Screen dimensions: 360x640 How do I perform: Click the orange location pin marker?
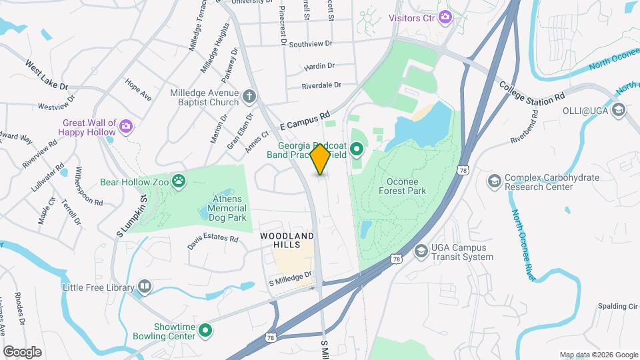click(320, 159)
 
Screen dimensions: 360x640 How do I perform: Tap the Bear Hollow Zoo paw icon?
click(179, 181)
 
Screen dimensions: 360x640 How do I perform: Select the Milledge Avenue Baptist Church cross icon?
click(249, 96)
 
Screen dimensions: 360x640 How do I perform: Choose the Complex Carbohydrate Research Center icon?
click(494, 181)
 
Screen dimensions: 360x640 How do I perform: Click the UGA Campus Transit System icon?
click(421, 251)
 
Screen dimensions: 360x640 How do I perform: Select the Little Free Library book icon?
click(144, 287)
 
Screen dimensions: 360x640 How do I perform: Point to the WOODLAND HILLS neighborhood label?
click(287, 241)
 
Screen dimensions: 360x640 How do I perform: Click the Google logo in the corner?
click(22, 351)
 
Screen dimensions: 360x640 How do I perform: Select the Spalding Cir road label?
click(619, 306)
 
